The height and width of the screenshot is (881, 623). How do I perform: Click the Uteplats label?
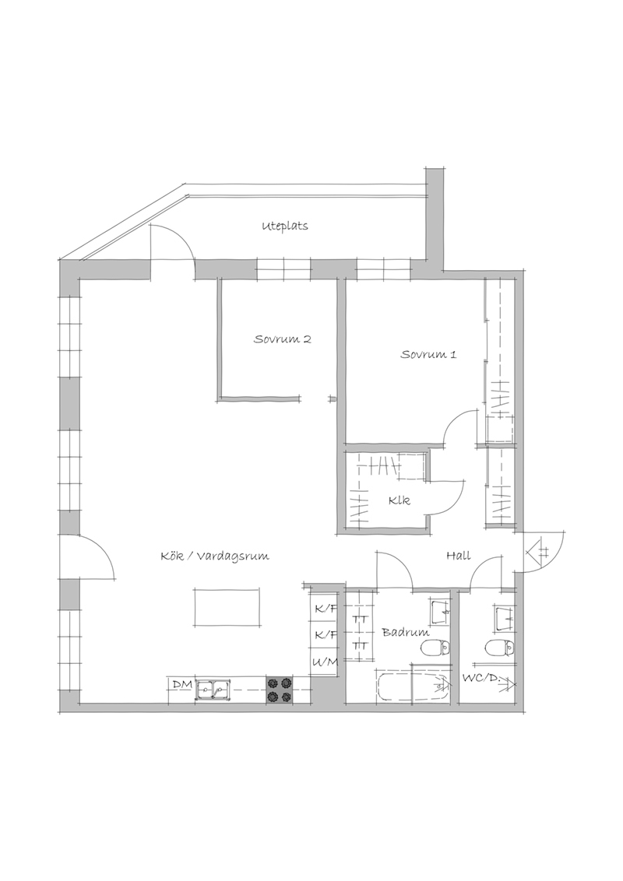[285, 226]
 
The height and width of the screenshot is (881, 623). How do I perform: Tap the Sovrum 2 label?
[282, 339]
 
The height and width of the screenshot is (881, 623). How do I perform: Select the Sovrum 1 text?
[428, 355]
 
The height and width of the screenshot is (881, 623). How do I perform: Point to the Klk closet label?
[399, 500]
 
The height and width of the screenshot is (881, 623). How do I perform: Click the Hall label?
[458, 556]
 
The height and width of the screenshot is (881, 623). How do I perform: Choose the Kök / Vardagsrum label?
[215, 556]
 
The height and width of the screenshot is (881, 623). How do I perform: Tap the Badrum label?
[406, 632]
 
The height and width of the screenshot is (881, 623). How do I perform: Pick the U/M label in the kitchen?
[326, 662]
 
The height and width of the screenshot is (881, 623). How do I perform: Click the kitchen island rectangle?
[227, 607]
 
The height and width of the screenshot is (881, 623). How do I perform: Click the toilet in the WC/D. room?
[498, 648]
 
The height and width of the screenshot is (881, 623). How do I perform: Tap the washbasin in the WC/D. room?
[505, 617]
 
